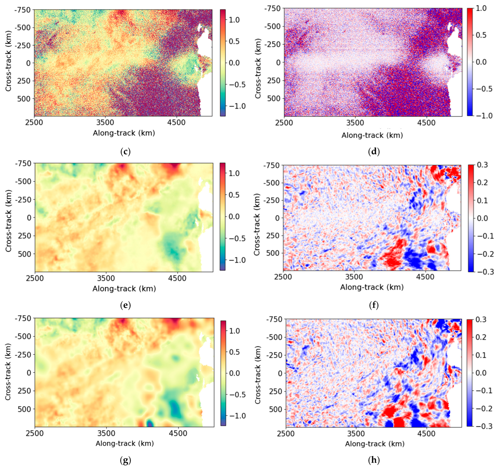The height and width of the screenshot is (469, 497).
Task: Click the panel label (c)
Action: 125,152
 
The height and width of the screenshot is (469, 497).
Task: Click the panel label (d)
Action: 374,152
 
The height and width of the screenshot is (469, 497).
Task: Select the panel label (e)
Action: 125,305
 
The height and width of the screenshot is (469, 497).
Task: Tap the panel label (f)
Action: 374,305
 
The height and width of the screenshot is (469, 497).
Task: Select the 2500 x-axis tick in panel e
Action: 35,278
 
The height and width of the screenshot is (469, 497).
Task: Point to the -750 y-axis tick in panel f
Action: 272,165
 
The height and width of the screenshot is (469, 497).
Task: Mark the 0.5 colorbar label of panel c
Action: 234,41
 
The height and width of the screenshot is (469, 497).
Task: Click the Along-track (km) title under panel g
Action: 125,443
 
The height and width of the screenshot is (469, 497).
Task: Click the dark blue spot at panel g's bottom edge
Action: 150,424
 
